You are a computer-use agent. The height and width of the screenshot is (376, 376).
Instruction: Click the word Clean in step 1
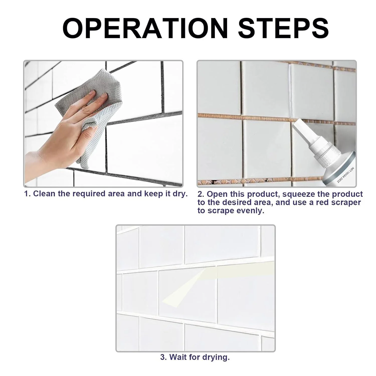click(x=44, y=194)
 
